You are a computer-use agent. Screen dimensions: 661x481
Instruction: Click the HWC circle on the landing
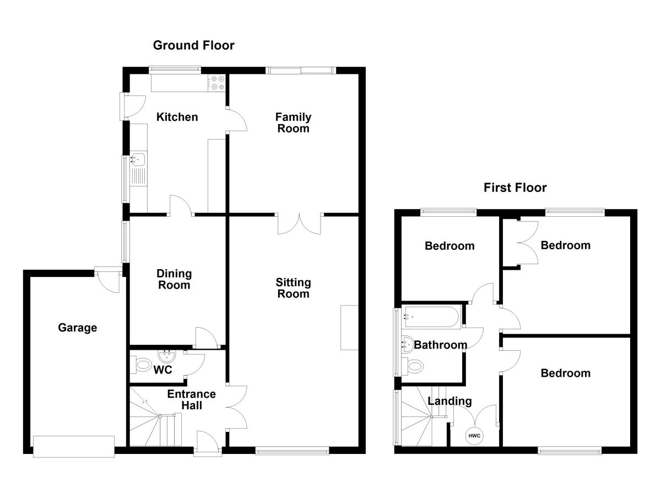(x=474, y=436)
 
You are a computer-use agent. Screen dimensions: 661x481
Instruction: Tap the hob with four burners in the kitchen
(x=217, y=83)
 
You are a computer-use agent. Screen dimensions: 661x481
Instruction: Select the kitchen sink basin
(x=138, y=160)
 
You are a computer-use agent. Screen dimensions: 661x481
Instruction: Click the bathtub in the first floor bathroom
(x=432, y=317)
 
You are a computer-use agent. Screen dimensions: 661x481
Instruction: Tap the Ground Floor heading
(x=193, y=45)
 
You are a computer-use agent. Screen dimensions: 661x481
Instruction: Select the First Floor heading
(x=515, y=188)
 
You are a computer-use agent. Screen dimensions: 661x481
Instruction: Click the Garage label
(x=77, y=328)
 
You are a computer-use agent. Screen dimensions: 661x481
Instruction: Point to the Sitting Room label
(x=293, y=288)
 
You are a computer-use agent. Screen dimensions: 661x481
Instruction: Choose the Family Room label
(x=293, y=123)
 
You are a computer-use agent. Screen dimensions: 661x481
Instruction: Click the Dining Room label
(x=174, y=279)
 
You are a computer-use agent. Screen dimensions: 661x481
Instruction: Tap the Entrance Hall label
(x=192, y=400)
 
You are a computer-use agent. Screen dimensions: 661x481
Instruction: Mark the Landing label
(x=449, y=401)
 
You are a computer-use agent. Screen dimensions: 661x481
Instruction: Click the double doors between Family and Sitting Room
(x=299, y=223)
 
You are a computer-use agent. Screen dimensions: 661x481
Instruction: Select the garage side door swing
(x=109, y=281)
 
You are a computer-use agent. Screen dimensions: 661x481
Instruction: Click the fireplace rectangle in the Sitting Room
(x=349, y=328)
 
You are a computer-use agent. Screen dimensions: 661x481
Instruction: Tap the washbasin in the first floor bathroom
(x=408, y=344)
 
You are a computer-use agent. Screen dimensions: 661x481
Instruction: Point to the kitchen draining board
(x=138, y=177)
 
